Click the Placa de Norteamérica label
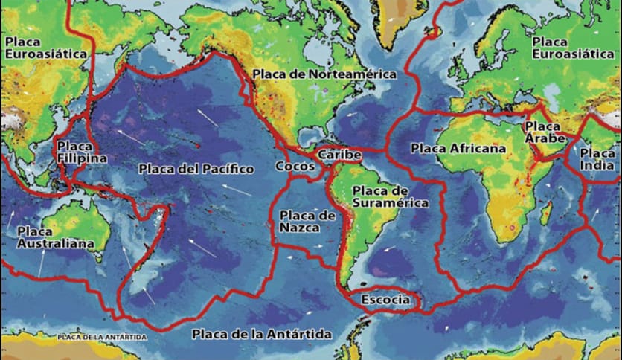tap(324, 74)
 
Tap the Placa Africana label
tap(458, 149)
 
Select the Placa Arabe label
tap(545, 132)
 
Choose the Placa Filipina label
tap(81, 152)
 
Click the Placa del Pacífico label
tap(196, 170)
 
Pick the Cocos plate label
tap(295, 166)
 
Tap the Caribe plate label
tap(339, 155)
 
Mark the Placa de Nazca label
tap(307, 222)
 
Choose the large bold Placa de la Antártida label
tap(261, 334)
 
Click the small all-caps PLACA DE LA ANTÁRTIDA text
tap(102, 337)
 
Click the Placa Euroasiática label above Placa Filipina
tap(46, 48)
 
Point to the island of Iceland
tap(432, 31)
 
